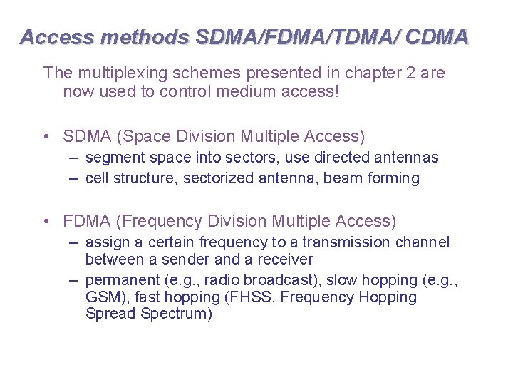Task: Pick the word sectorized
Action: pyautogui.click(x=218, y=178)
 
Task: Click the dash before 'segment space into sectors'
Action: pyautogui.click(x=73, y=157)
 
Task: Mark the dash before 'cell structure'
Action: pyautogui.click(x=73, y=178)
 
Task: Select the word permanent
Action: pyautogui.click(x=122, y=280)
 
